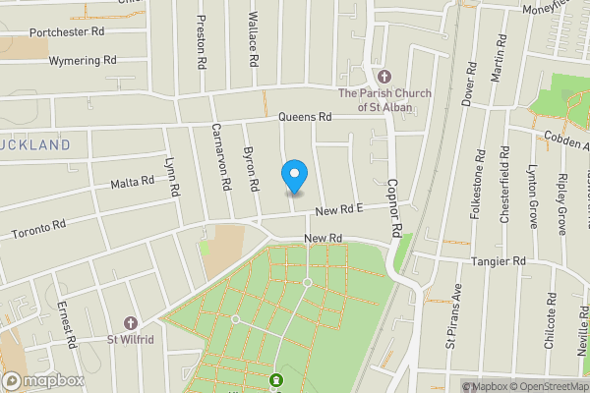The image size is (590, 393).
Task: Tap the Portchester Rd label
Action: [x=67, y=31]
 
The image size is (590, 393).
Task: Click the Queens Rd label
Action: [x=305, y=117]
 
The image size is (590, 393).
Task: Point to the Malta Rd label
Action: [x=132, y=182]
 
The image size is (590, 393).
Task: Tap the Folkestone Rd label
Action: [x=479, y=184]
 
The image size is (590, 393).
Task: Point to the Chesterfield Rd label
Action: [x=505, y=186]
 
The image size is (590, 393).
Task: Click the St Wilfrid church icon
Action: [x=130, y=324]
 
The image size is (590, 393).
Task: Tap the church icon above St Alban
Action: [x=383, y=77]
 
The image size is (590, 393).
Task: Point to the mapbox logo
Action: [x=41, y=380]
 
